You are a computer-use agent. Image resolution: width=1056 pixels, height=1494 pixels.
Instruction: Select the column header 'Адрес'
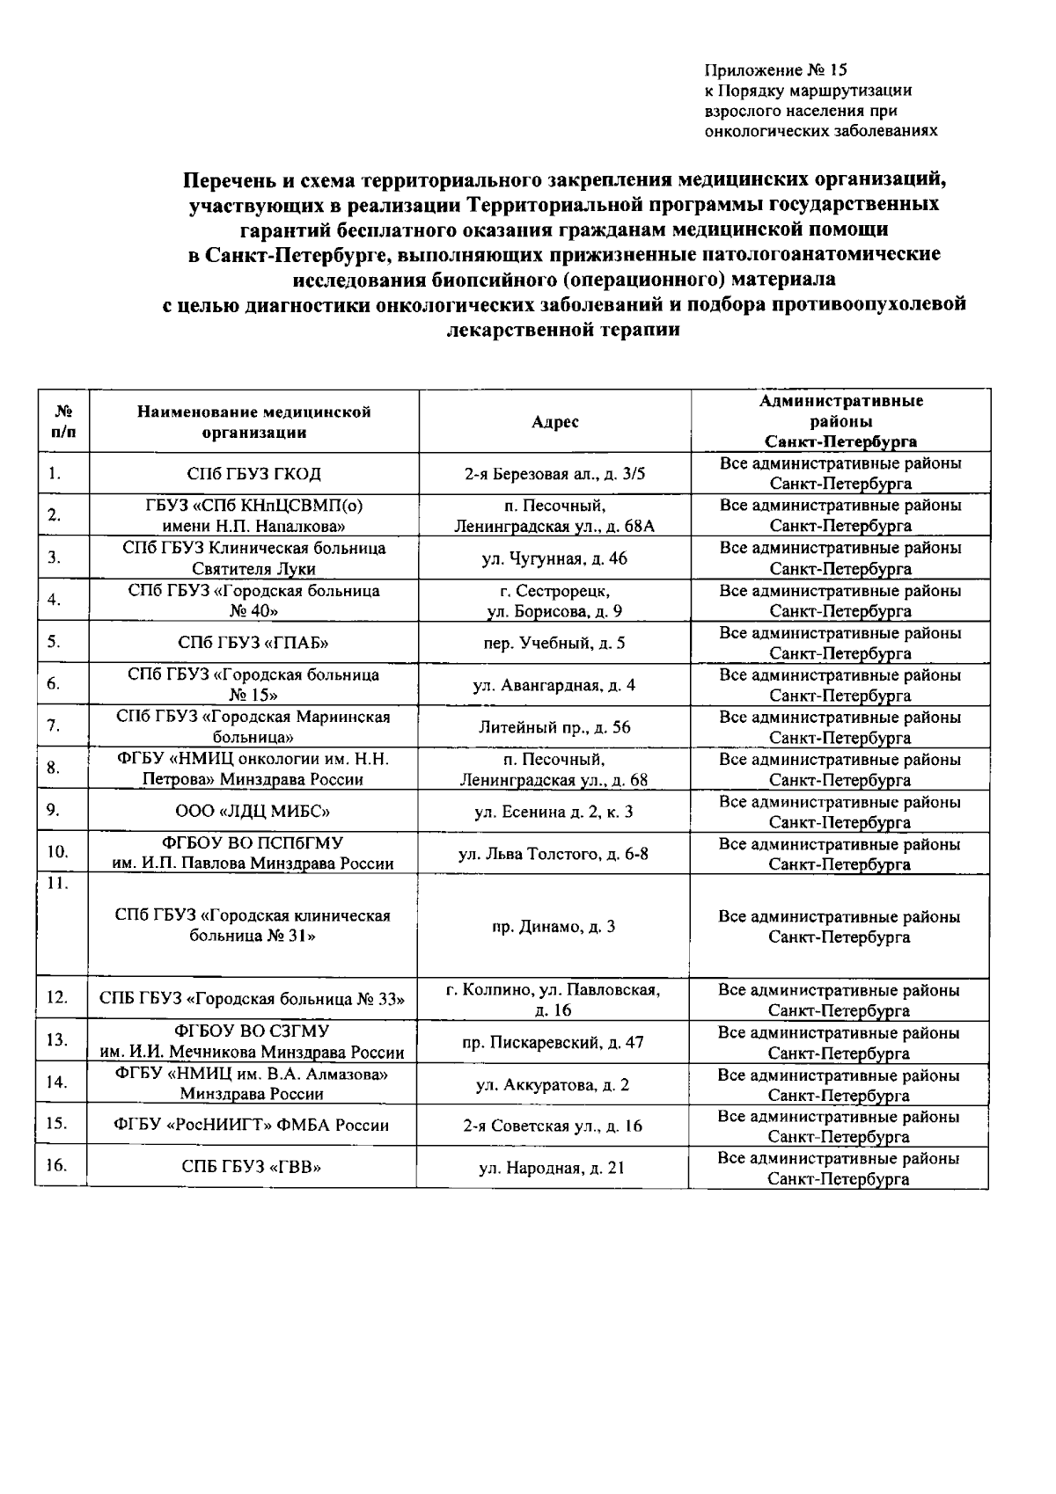pyautogui.click(x=554, y=422)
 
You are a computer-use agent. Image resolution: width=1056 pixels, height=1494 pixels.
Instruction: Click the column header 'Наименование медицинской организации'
pyautogui.click(x=253, y=422)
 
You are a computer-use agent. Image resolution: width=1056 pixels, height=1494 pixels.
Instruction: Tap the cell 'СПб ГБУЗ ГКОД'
pyautogui.click(x=253, y=474)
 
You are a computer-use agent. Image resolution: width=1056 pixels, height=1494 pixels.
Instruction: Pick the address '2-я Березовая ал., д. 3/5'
pyautogui.click(x=554, y=474)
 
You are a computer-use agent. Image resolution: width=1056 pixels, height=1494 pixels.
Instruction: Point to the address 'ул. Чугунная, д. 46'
pyautogui.click(x=554, y=558)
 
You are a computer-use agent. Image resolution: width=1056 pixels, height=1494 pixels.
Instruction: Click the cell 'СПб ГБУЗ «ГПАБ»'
pyautogui.click(x=253, y=643)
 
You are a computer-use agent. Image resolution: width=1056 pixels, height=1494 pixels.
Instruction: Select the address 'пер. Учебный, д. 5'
pyautogui.click(x=554, y=643)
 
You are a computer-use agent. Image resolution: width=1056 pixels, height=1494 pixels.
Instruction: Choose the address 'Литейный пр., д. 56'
pyautogui.click(x=554, y=727)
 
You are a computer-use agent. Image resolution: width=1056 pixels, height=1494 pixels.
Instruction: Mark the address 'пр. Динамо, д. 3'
pyautogui.click(x=554, y=927)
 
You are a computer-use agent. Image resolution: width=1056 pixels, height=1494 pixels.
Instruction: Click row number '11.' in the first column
pyautogui.click(x=57, y=884)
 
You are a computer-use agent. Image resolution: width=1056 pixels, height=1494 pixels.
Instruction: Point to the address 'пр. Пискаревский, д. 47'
pyautogui.click(x=554, y=1042)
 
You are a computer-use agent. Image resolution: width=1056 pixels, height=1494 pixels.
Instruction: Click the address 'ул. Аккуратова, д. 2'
pyautogui.click(x=554, y=1084)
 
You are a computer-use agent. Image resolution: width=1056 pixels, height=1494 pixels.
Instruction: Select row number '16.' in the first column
pyautogui.click(x=55, y=1166)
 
